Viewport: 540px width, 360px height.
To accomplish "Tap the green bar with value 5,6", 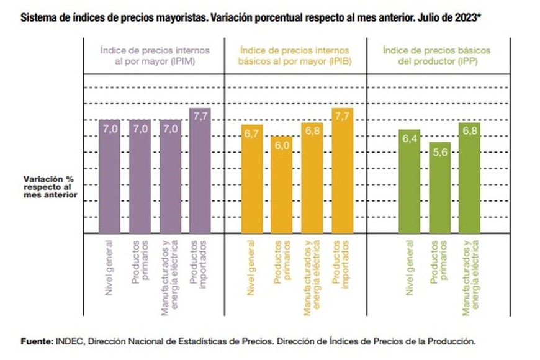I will [439, 189].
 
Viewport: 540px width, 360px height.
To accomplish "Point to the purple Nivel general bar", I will [110, 177].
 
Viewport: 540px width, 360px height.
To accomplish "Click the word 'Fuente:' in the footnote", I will [37, 341].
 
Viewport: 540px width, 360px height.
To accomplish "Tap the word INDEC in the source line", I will [68, 341].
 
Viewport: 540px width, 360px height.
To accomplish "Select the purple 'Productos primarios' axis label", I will [140, 261].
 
